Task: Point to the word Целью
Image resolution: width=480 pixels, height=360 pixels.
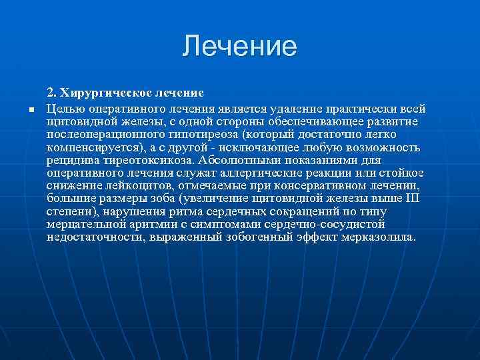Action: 64,109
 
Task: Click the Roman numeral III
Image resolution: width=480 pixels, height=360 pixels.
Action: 415,198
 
